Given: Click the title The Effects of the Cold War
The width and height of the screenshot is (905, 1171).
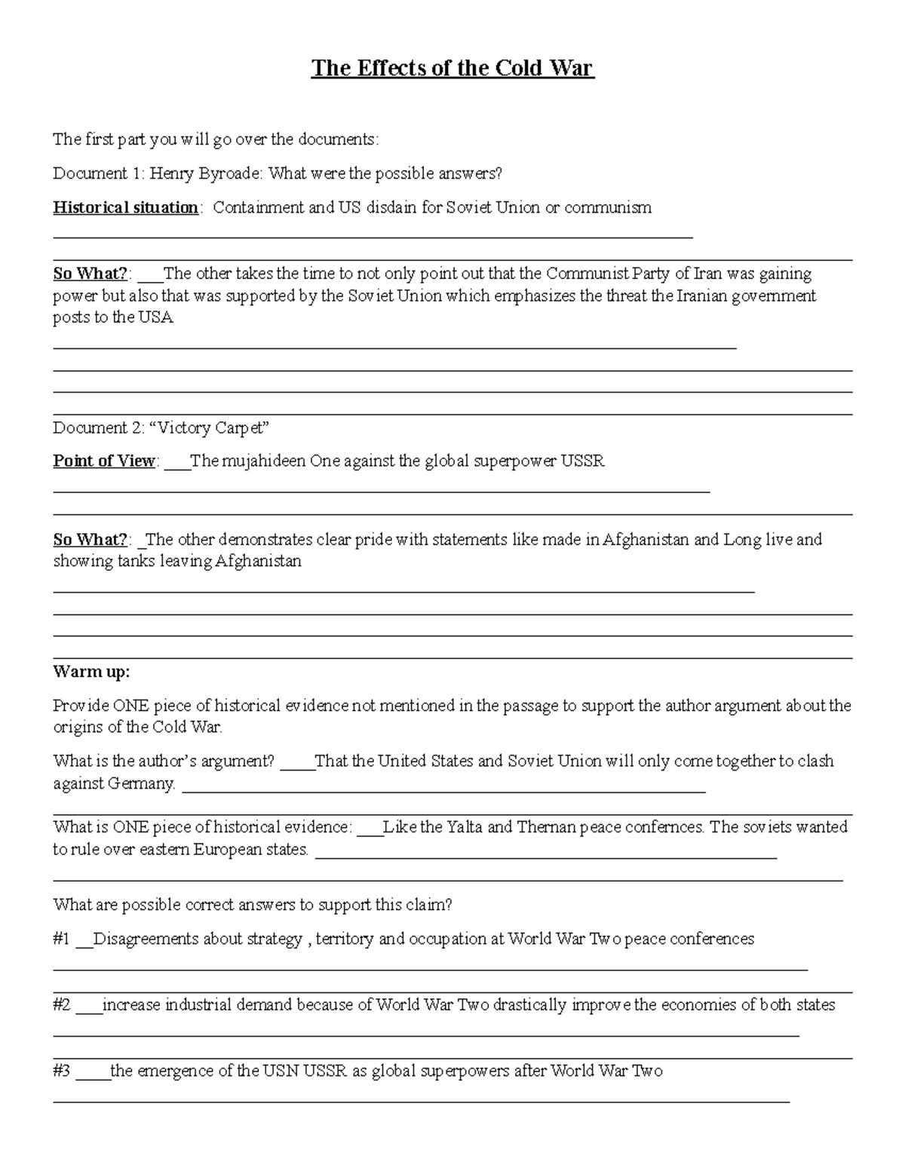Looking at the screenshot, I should (x=452, y=69).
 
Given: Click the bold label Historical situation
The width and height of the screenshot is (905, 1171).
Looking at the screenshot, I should (x=125, y=207).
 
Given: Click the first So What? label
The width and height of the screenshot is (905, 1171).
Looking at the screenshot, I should (x=90, y=273).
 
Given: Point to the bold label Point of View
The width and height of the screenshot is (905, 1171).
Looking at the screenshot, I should (x=104, y=461).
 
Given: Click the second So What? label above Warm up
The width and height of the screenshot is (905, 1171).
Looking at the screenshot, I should (x=90, y=539).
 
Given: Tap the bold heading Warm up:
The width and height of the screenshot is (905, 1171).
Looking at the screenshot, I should (x=91, y=671).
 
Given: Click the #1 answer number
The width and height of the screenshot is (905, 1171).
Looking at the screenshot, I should (x=61, y=939).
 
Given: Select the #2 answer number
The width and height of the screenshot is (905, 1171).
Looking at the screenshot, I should (x=62, y=1004).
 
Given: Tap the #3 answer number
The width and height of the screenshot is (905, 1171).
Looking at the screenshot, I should (x=62, y=1071).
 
